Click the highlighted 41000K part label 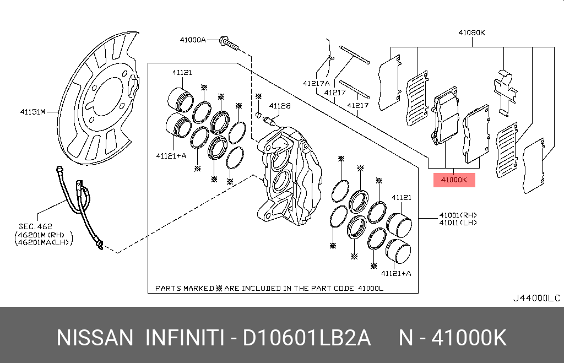[454, 180]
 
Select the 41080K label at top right [472, 32]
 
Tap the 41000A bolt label [192, 40]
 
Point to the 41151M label [32, 112]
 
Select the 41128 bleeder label [280, 106]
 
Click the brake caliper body [289, 176]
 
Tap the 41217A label [315, 84]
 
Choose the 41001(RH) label [458, 215]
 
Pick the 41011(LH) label [458, 223]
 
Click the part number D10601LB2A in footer [307, 338]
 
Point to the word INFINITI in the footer [184, 338]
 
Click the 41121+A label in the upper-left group [171, 155]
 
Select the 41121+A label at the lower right [397, 273]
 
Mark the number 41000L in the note [370, 288]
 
